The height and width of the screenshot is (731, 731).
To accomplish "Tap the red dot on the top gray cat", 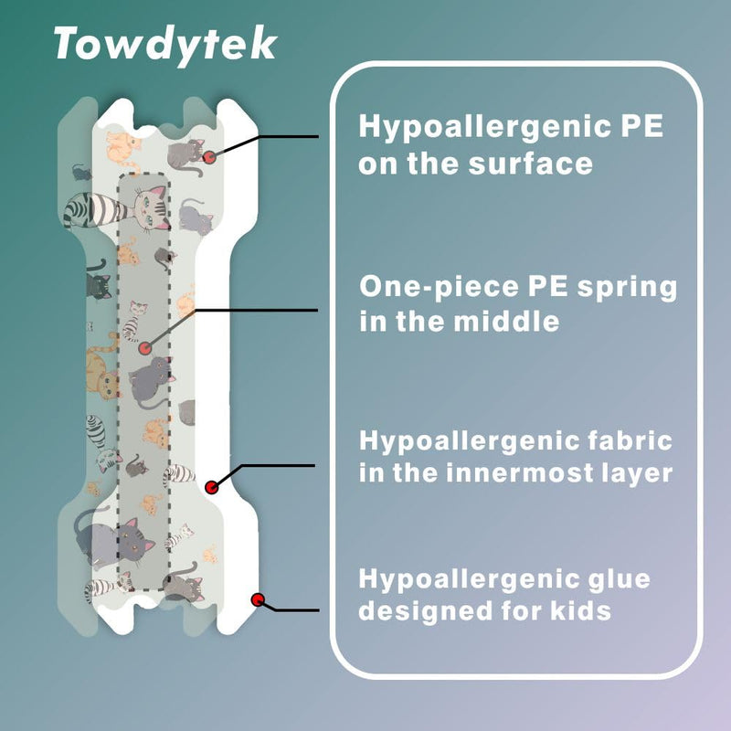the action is click(209, 157).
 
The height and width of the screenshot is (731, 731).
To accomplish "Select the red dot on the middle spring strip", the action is click(145, 348).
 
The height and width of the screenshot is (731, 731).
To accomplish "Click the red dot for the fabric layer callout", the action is click(212, 488).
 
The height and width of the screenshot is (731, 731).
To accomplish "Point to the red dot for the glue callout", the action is click(258, 599).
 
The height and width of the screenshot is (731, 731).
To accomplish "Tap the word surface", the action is click(531, 164).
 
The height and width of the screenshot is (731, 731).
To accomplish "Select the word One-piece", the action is click(439, 286).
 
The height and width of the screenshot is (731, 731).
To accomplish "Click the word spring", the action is click(627, 288).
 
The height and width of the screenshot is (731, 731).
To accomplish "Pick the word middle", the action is click(506, 322).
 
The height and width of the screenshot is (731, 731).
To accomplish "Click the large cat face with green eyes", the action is click(151, 208).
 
